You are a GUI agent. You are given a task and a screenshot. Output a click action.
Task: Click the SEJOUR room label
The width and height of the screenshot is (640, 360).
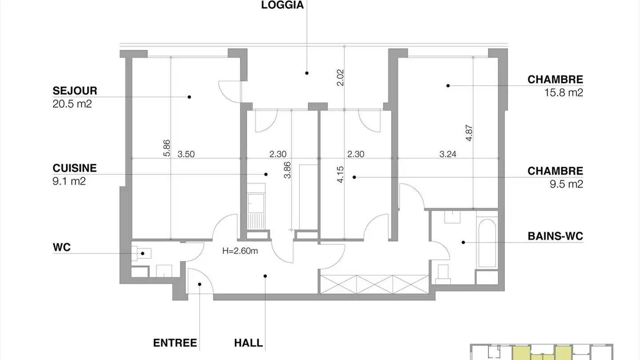pos(75,91)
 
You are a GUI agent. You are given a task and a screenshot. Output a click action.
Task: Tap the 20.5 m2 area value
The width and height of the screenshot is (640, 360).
pos(72,104)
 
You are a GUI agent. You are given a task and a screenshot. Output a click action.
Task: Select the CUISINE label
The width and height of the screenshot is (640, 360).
pos(75,168)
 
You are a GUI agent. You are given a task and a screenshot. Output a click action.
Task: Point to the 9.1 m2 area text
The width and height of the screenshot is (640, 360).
pos(69,181)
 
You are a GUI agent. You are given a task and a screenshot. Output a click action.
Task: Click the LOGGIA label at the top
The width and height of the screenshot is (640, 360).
pos(282,5)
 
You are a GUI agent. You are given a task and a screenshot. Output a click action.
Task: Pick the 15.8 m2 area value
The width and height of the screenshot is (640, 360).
pos(564,93)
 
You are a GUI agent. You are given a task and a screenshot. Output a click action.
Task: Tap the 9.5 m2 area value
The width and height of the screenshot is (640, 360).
pos(566,184)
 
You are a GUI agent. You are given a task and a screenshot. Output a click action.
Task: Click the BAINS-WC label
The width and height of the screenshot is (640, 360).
pos(555,236)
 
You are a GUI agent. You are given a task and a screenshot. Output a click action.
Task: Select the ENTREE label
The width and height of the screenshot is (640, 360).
pos(175,343)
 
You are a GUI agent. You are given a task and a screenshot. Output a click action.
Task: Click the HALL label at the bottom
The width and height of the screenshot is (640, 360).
pos(248,343)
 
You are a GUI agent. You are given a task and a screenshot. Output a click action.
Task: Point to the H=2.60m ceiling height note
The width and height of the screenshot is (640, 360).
pos(240,251)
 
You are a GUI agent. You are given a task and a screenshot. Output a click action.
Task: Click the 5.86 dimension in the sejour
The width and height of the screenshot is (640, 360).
pos(167,148)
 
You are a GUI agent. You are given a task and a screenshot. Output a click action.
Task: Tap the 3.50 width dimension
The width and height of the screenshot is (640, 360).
pos(186,154)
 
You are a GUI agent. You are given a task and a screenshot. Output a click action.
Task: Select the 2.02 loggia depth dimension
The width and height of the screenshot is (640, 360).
pos(341,77)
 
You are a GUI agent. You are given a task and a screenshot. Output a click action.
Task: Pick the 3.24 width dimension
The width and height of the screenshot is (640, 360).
pos(448,154)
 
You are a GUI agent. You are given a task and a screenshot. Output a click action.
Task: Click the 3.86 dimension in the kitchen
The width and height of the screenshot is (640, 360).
pos(287,170)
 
